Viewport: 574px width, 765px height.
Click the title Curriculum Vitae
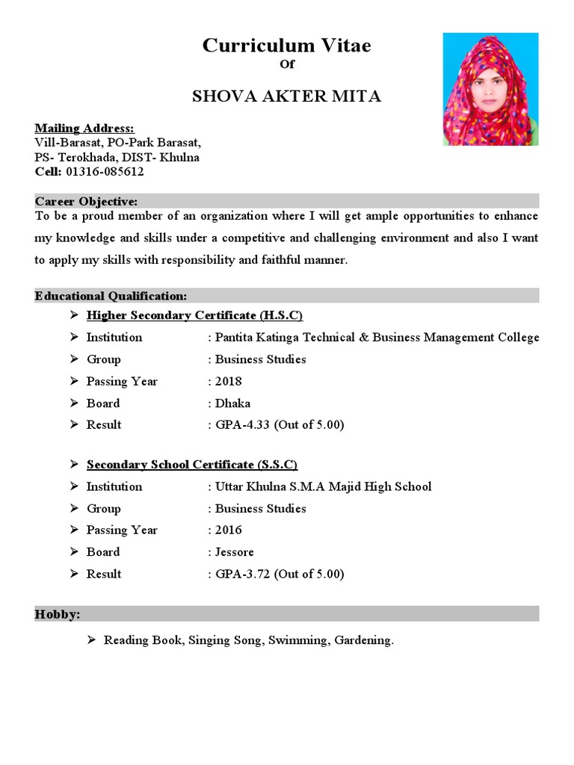coord(287,46)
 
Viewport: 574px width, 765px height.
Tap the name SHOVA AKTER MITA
coord(287,96)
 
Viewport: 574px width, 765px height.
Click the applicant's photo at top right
coord(490,89)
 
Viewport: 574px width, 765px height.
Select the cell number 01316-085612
coord(105,172)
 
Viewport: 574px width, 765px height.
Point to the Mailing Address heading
coord(84,128)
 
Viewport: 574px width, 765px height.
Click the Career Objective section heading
coord(86,202)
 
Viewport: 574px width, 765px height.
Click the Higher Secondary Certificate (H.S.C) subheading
coord(194,315)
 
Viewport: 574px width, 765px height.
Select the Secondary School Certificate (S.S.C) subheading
coord(192,465)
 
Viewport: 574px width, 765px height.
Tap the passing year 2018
coord(228,381)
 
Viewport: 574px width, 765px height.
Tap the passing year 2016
coord(228,530)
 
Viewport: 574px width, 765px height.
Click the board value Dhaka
coord(232,403)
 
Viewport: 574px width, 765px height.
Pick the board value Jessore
coord(235,552)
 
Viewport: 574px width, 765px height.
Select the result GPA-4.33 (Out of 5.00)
coord(279,425)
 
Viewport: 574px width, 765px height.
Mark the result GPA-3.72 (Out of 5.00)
coord(279,574)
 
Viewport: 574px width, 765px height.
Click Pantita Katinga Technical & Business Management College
coord(377,338)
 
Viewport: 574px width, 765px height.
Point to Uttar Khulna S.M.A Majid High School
coord(323,487)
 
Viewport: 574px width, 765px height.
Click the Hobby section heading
coord(58,615)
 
